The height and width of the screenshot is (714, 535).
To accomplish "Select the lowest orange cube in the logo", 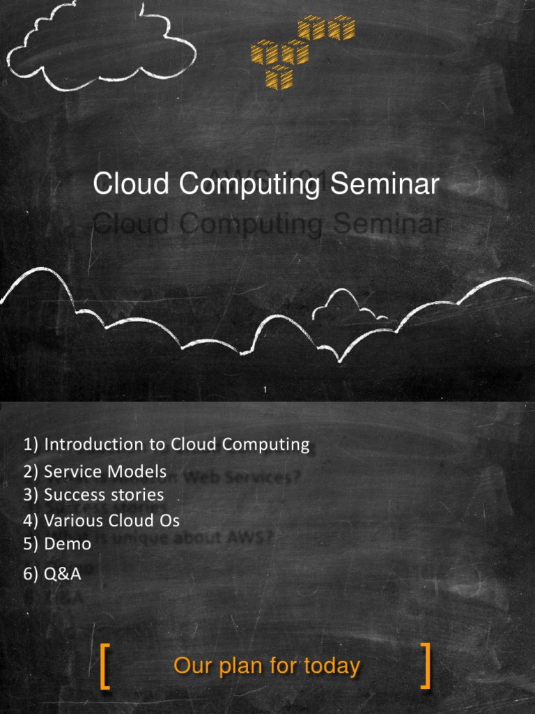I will pyautogui.click(x=279, y=77).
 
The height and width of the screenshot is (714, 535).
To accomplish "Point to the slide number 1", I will pyautogui.click(x=265, y=389).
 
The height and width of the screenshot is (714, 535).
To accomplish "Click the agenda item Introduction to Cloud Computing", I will pyautogui.click(x=166, y=444).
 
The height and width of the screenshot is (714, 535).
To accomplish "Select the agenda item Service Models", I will pyautogui.click(x=95, y=471).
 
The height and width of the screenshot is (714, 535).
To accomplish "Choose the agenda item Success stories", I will pyautogui.click(x=93, y=495).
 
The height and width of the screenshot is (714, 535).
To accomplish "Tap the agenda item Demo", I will pyautogui.click(x=57, y=544).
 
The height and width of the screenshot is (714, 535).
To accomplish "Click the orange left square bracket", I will pyautogui.click(x=105, y=667).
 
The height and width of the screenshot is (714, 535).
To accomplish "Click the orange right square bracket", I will pyautogui.click(x=426, y=667).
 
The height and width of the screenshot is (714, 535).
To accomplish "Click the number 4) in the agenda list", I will pyautogui.click(x=31, y=520).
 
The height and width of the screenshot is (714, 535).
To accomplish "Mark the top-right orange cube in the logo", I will pyautogui.click(x=341, y=28).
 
